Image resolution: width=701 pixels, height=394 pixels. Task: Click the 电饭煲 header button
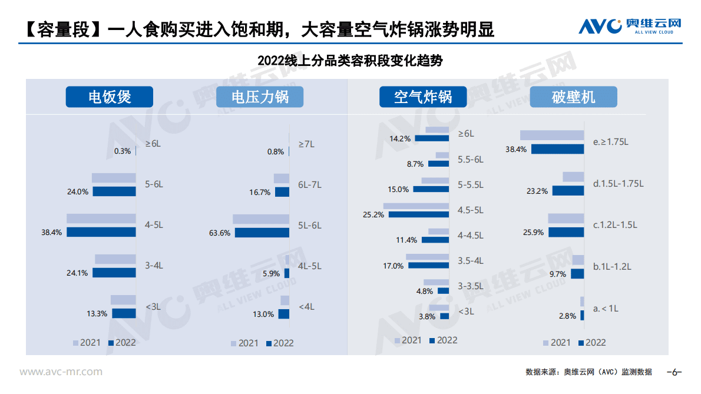(x=109, y=97)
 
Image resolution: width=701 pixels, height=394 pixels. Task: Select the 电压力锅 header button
(x=260, y=97)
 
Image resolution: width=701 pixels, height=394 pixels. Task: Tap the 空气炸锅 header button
(x=422, y=97)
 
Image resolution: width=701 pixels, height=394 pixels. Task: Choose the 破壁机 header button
(x=573, y=97)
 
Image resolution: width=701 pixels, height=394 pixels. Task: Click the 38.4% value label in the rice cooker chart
(x=52, y=233)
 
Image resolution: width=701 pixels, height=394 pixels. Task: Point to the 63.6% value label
(x=220, y=233)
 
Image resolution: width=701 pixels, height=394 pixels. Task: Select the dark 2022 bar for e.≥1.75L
(x=557, y=150)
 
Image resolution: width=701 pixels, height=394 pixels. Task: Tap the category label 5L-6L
(x=310, y=225)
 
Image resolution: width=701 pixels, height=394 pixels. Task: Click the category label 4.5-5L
(x=470, y=210)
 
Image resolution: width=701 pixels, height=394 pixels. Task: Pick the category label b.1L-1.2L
(x=612, y=266)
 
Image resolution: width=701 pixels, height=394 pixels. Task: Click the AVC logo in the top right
(x=629, y=26)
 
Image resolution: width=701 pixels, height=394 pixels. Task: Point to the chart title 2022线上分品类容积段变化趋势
(x=350, y=61)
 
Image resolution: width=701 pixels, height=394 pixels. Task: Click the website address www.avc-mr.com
(x=61, y=372)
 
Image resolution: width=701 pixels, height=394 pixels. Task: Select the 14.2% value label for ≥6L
(x=400, y=138)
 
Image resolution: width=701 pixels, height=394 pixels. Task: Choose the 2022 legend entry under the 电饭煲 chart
(x=121, y=342)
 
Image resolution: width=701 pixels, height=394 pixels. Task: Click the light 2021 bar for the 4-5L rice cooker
(x=101, y=218)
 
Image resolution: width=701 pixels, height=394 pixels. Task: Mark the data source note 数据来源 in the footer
(x=588, y=372)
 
